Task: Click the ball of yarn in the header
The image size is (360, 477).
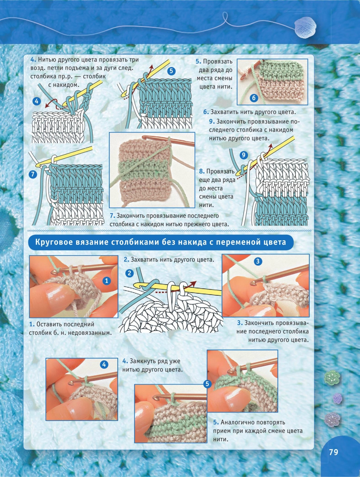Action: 305,28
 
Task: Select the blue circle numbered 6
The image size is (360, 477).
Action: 254,98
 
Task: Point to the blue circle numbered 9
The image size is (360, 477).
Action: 244,155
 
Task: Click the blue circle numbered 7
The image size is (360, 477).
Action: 33,174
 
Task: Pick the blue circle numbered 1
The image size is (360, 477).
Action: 107,281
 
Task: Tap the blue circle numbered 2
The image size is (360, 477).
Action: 129,273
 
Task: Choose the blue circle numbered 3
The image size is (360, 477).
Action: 258,261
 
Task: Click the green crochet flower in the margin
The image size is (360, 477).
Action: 332,378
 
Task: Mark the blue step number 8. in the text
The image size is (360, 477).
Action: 202,171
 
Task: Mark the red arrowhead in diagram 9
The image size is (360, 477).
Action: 270,146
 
